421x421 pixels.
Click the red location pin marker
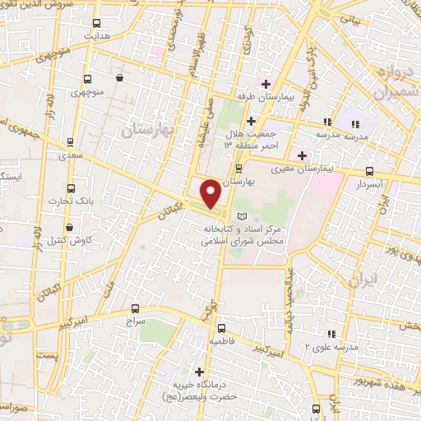click(210, 192)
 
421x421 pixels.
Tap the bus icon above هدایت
click(98, 24)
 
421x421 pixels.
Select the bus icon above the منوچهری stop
click(87, 81)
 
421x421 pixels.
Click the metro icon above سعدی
click(70, 141)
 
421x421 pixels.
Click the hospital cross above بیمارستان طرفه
click(266, 83)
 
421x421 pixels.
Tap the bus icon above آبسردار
click(369, 172)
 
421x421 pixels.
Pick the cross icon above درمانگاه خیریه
click(198, 372)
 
